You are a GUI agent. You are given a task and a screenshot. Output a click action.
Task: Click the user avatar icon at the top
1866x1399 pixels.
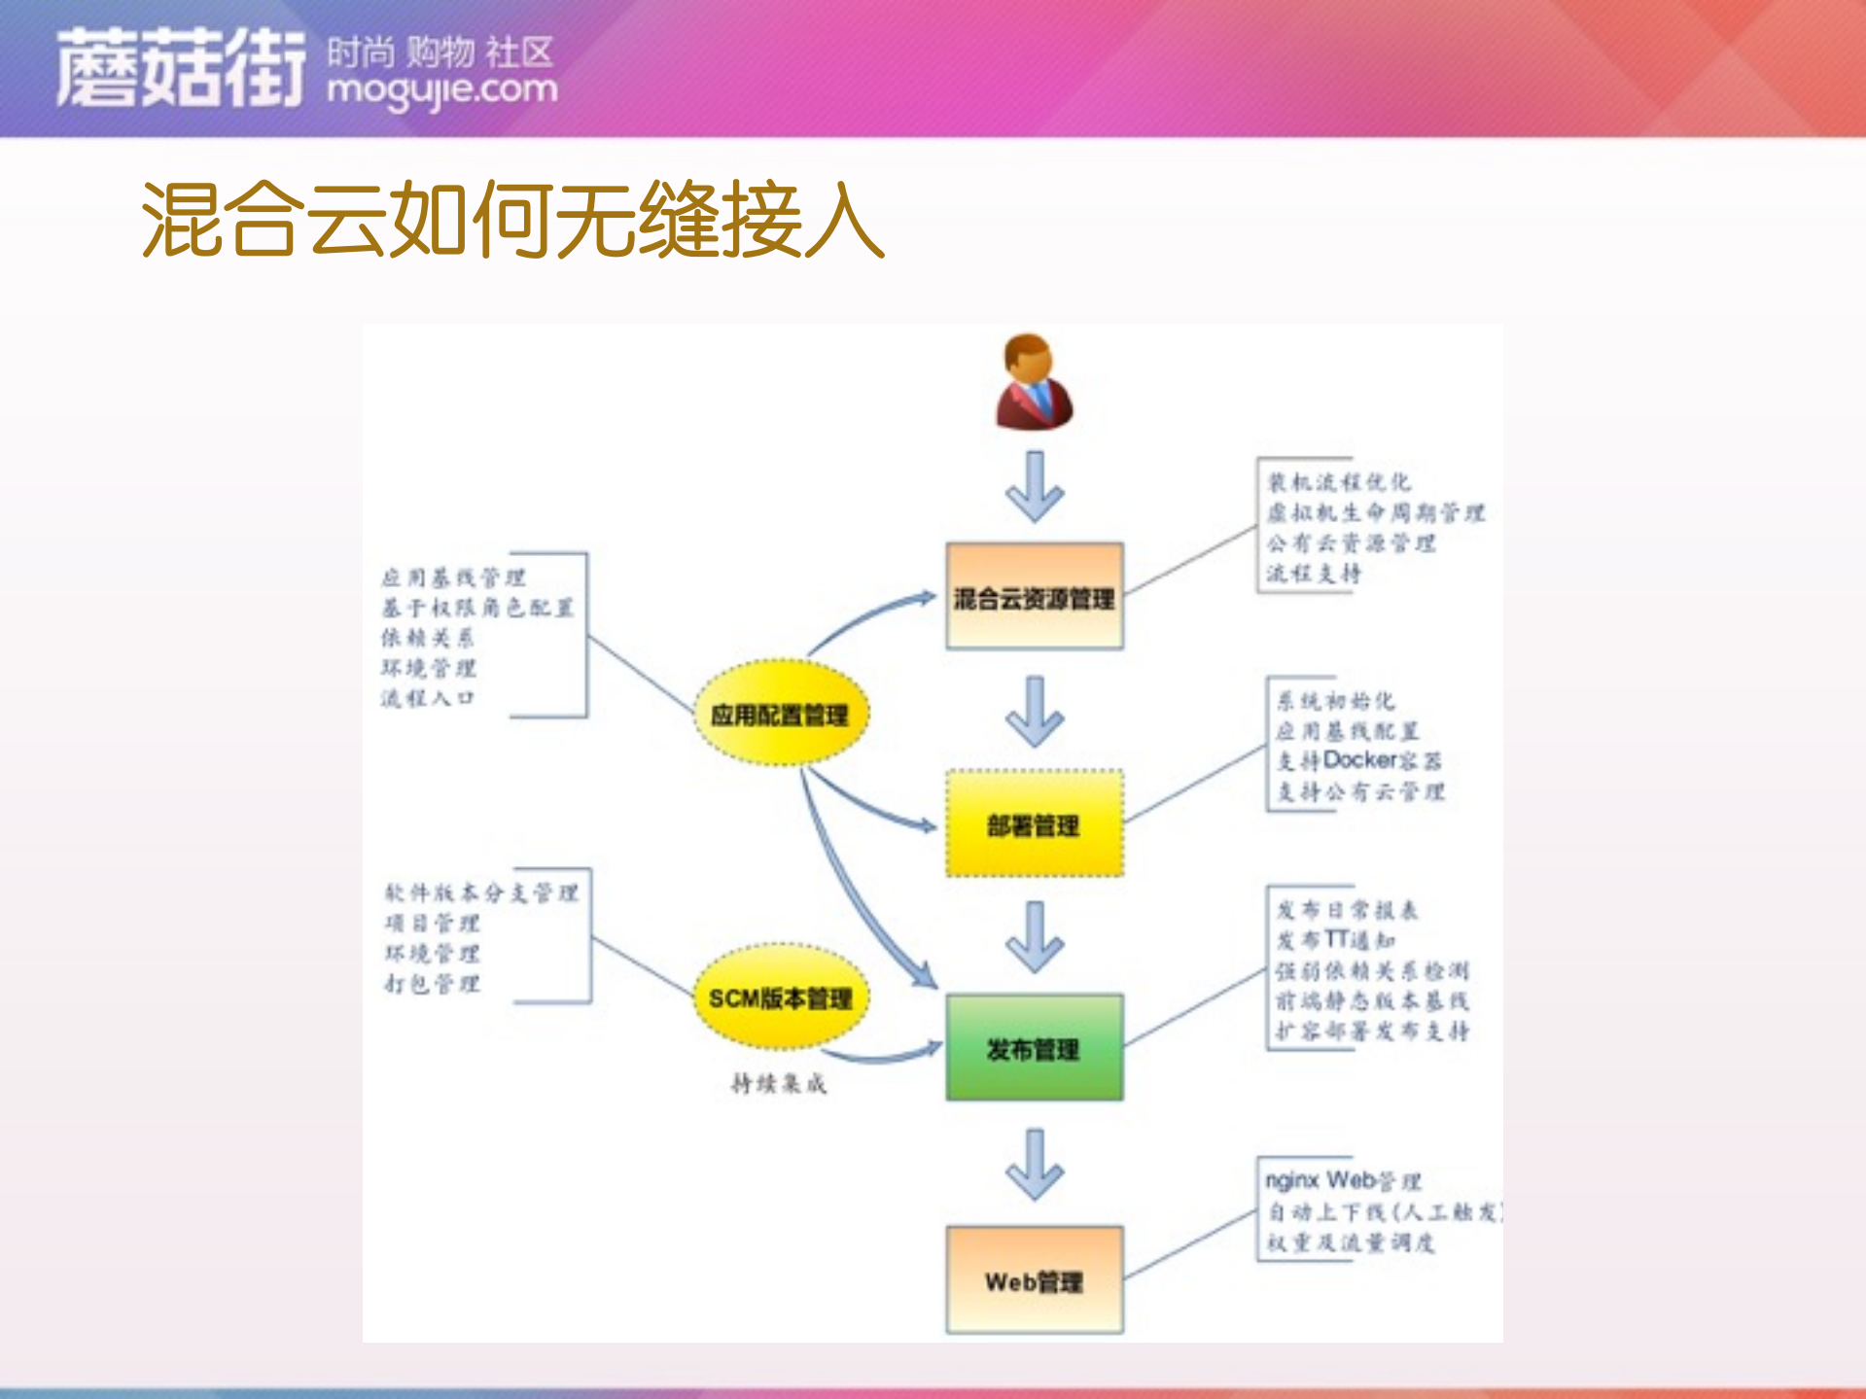tap(1034, 382)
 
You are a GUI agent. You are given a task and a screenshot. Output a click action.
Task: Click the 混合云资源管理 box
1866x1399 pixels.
tap(1034, 596)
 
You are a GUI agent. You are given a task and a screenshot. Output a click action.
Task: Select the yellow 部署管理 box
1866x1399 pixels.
tap(1034, 824)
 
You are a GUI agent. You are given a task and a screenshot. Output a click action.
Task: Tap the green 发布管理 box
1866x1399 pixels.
tap(1034, 1048)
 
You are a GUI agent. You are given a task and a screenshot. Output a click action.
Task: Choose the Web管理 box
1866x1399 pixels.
tap(1034, 1280)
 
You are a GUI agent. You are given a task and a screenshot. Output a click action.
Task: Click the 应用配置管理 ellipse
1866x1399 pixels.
tap(780, 714)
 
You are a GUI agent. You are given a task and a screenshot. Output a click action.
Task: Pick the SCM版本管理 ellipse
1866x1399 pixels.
tap(780, 997)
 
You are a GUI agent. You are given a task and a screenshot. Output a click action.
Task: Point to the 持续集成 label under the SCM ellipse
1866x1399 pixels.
tap(778, 1083)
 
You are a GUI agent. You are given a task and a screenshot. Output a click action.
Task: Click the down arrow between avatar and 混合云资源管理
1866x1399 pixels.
tap(1034, 487)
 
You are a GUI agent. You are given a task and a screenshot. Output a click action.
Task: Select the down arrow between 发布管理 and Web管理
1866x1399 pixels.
tap(1034, 1165)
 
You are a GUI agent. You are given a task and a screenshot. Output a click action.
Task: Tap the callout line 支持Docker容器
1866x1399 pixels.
tap(1358, 760)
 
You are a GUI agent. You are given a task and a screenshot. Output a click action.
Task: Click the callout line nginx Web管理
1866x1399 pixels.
tap(1343, 1181)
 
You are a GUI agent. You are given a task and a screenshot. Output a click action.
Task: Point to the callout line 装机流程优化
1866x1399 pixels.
tap(1338, 482)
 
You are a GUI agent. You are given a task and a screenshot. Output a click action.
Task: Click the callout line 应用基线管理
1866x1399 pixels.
tap(453, 578)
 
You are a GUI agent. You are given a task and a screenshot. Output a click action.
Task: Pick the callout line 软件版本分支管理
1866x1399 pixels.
tap(481, 892)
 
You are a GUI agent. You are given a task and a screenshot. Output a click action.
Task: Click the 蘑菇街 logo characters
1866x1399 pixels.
tap(181, 68)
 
